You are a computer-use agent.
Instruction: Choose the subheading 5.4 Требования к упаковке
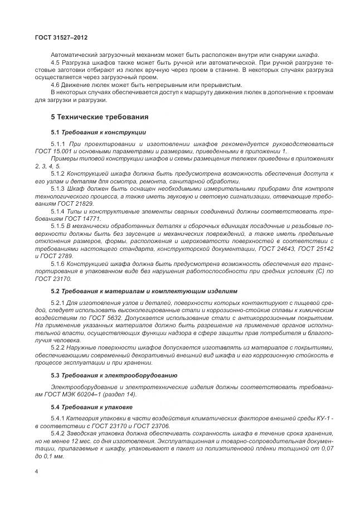click(91, 408)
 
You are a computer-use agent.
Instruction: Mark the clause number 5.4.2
click(58, 433)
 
